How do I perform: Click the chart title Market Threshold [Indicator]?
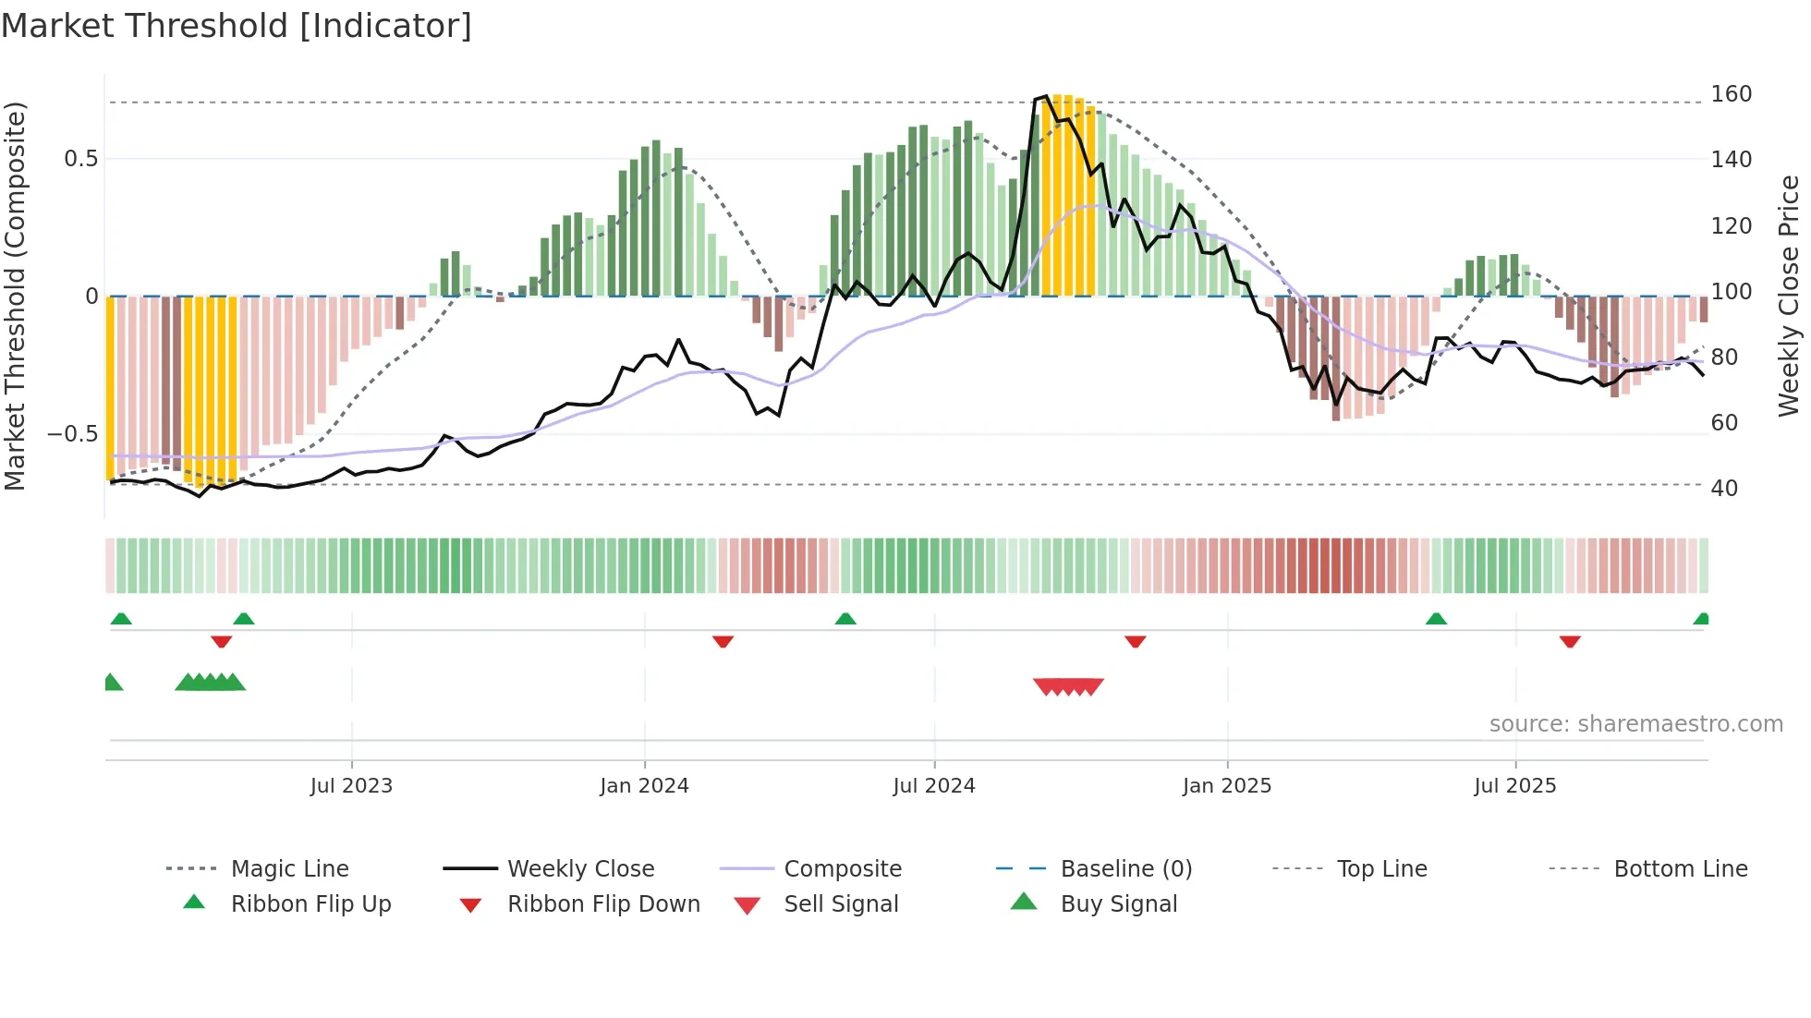point(237,26)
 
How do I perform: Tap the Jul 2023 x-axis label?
point(351,786)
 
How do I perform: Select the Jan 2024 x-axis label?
point(644,786)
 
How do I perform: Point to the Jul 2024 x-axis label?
point(934,786)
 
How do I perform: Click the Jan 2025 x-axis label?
point(1227,786)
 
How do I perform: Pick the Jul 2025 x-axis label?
point(1515,786)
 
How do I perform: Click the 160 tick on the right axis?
point(1731,94)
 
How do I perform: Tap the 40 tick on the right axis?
point(1724,488)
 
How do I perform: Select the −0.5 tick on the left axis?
point(72,434)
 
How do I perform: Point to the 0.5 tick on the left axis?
point(80,159)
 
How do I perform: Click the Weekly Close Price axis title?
point(1789,296)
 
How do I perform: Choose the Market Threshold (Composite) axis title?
point(15,296)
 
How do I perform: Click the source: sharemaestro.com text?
point(1635,724)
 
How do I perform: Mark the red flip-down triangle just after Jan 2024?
point(723,641)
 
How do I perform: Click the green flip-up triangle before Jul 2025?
point(1436,619)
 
